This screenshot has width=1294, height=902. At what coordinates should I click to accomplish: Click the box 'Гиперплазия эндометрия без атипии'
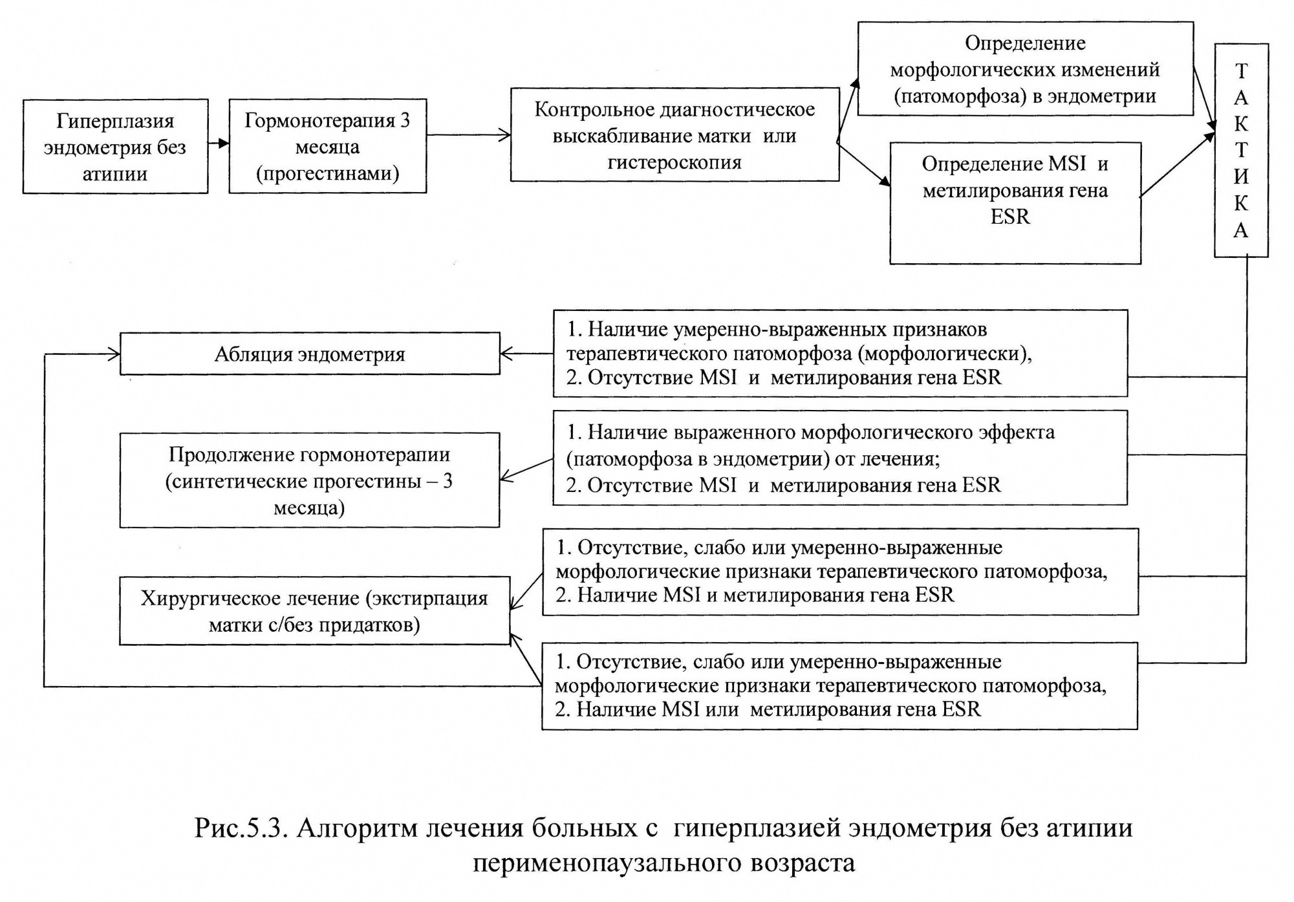[115, 146]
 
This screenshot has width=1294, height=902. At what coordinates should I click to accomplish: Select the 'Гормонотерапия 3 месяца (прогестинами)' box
[328, 145]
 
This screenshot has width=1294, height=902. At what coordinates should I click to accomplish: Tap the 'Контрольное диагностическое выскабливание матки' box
[675, 134]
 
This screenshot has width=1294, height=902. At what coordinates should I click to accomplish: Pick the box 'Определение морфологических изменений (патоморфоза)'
[1026, 69]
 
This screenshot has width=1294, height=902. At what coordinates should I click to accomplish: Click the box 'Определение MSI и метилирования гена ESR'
[1015, 203]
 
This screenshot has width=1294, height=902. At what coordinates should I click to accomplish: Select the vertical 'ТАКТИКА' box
[1241, 150]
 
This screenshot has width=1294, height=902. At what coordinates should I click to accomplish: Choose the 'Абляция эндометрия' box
[310, 354]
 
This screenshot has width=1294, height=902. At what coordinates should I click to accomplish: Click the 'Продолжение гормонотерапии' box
[310, 480]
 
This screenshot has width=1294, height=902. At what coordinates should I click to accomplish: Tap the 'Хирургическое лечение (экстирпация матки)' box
[315, 610]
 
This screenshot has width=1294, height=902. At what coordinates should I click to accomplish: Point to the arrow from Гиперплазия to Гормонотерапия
[219, 144]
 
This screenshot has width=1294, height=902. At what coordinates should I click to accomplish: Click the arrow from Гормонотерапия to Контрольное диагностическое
[469, 135]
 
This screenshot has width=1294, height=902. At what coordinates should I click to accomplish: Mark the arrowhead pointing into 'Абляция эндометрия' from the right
[507, 354]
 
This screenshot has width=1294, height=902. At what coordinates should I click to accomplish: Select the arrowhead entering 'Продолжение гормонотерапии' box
[508, 477]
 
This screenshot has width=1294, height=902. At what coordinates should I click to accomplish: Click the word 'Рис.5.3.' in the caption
[241, 828]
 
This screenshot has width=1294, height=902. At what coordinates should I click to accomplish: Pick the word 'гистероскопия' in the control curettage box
[674, 162]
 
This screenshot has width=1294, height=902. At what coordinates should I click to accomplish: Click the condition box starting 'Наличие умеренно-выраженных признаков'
[841, 353]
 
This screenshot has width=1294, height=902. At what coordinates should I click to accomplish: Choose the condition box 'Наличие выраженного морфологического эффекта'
[840, 458]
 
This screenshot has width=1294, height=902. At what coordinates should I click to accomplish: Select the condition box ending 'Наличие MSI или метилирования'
[839, 686]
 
